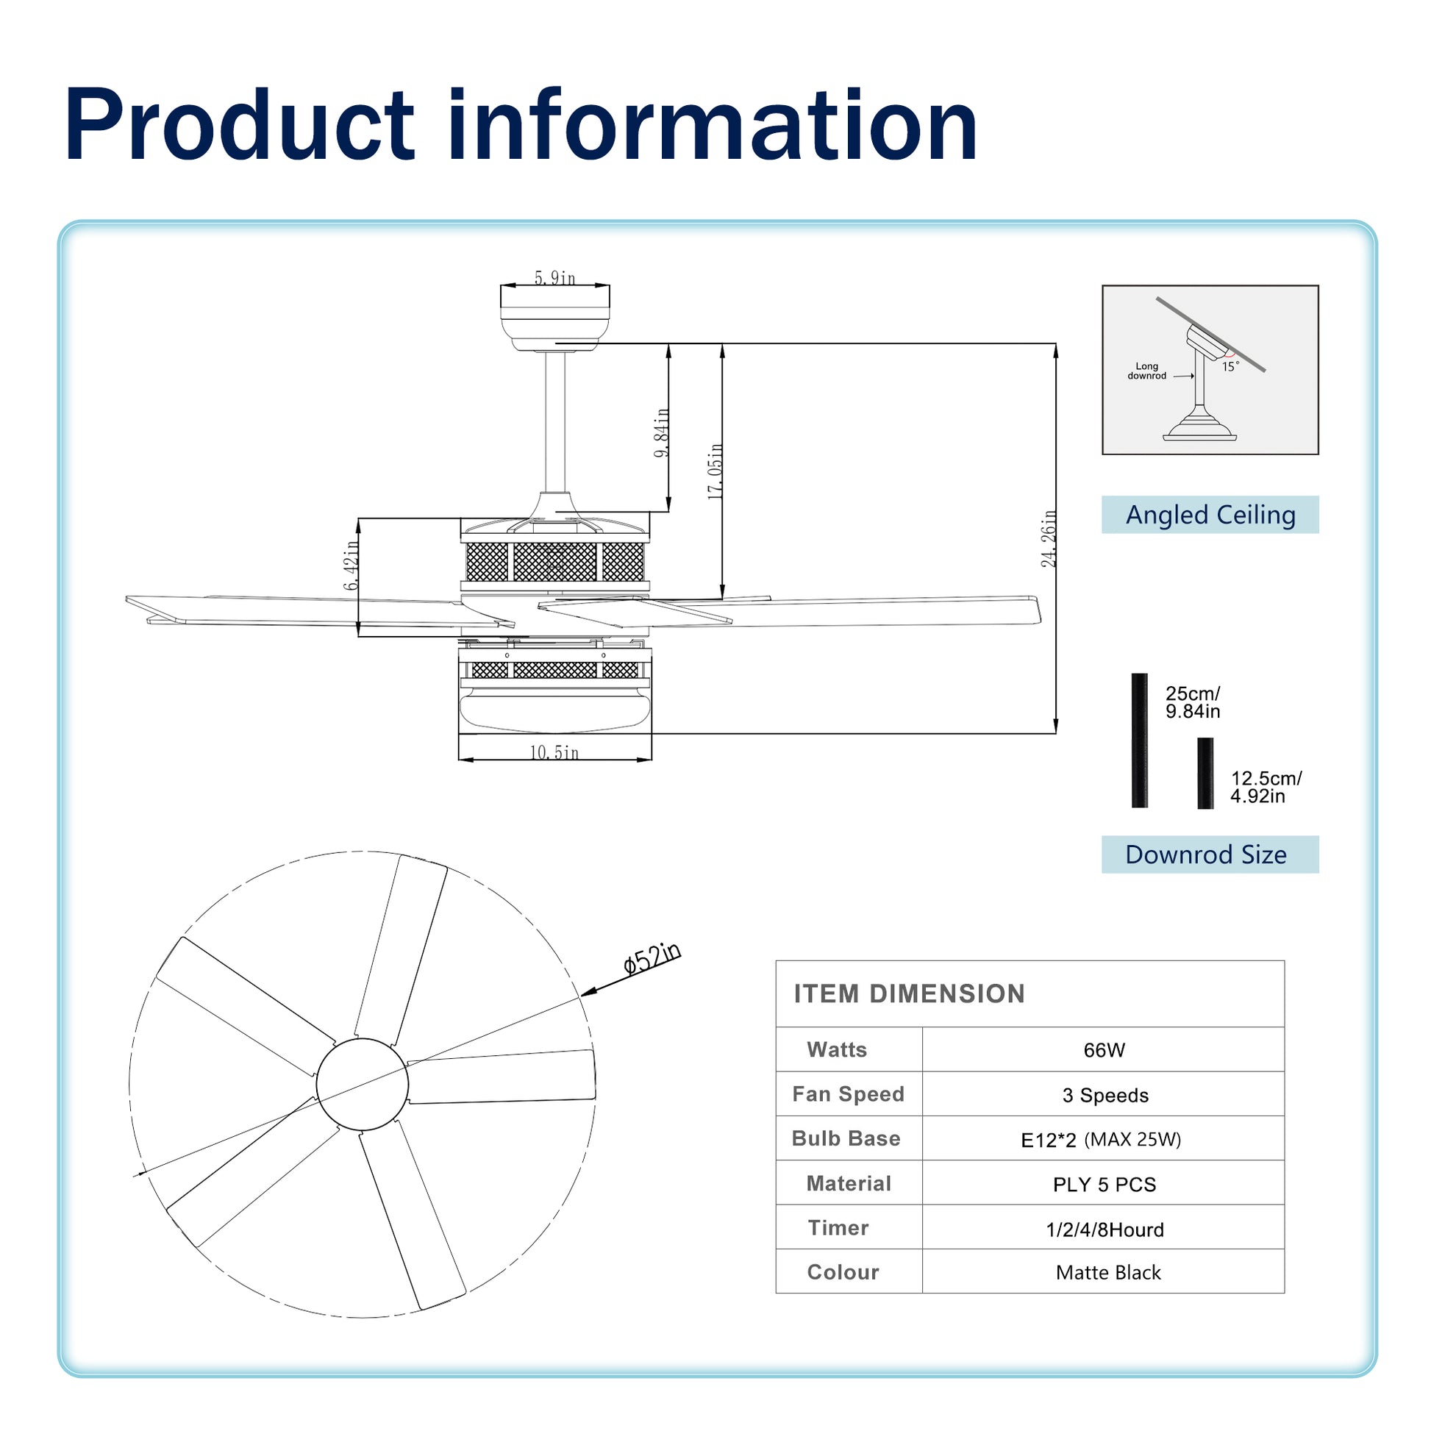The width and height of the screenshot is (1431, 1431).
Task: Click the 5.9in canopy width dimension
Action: point(554,278)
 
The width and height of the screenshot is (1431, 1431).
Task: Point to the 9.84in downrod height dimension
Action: point(662,432)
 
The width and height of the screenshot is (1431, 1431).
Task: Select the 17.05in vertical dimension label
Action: point(715,471)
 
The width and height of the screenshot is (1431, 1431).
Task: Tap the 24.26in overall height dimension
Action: point(1049,538)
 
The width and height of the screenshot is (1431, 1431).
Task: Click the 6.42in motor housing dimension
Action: point(351,565)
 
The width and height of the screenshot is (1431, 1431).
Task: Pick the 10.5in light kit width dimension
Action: point(554,752)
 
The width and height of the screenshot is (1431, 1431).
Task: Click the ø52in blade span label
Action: point(652,959)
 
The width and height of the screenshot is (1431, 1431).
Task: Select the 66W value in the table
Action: point(1104,1049)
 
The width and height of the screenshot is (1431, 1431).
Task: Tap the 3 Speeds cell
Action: point(1105,1095)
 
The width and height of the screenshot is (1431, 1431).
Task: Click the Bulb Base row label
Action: point(846,1138)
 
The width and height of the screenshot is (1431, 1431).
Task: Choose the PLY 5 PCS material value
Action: point(1105,1185)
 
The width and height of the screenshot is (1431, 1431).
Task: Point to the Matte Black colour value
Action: point(1108,1272)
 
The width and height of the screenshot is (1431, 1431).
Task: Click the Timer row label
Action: point(838,1227)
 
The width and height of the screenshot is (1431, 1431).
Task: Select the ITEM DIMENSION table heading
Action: point(910,994)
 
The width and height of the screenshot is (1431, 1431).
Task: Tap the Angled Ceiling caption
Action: point(1210,515)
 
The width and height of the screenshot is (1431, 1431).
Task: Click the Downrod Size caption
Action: point(1206,854)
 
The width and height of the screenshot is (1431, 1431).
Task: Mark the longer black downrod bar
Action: point(1139,740)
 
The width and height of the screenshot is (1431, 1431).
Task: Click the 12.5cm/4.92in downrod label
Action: point(1266,788)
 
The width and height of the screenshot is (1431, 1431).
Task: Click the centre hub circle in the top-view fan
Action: point(363,1085)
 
